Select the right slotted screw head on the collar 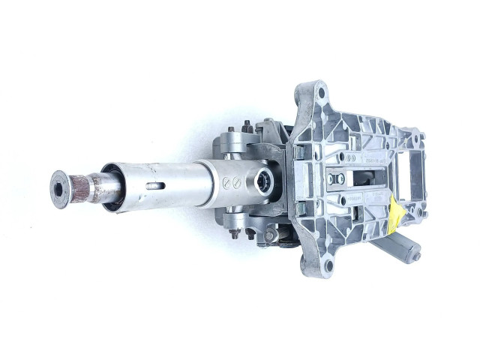tap(237, 181)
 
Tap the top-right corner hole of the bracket tap(421, 136)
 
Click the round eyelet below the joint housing tap(271, 235)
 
